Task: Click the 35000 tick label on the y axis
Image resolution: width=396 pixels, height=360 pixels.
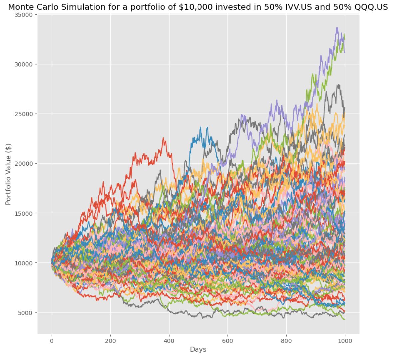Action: [x=25, y=15]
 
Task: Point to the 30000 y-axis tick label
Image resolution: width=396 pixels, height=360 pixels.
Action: [x=25, y=64]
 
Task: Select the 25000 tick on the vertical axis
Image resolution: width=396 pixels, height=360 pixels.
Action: [x=25, y=114]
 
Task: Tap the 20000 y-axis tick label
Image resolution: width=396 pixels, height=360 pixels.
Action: [x=25, y=164]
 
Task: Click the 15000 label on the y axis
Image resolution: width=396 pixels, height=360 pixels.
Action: [x=25, y=213]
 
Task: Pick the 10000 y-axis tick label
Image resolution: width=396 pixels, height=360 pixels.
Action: [x=25, y=263]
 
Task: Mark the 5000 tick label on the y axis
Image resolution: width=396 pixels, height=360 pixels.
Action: [x=27, y=313]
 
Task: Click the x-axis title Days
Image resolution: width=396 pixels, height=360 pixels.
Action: [x=198, y=349]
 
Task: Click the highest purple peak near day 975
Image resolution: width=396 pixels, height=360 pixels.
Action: [x=337, y=28]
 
